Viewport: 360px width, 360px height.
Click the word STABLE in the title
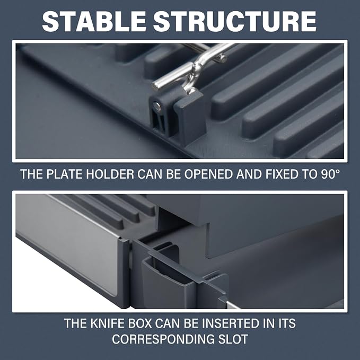94,21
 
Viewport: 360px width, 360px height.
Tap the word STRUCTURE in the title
235,21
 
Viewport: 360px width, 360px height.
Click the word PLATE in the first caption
65,174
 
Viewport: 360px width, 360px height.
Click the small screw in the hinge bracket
157,106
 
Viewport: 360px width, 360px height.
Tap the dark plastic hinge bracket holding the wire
176,111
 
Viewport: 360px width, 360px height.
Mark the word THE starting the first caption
32,174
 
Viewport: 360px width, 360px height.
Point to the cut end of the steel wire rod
156,86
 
